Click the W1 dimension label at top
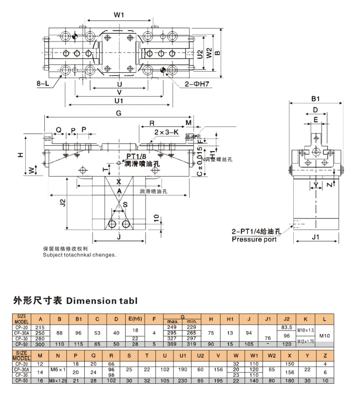click(x=119, y=15)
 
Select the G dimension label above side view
click(x=118, y=113)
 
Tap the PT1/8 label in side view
click(x=136, y=157)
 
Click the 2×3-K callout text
click(x=166, y=132)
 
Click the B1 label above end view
click(x=316, y=98)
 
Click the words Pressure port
click(x=254, y=239)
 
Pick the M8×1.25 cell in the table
click(x=58, y=380)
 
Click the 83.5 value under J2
click(x=287, y=327)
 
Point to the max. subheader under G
click(x=173, y=322)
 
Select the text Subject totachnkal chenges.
click(x=79, y=255)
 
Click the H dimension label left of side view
click(x=20, y=155)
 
